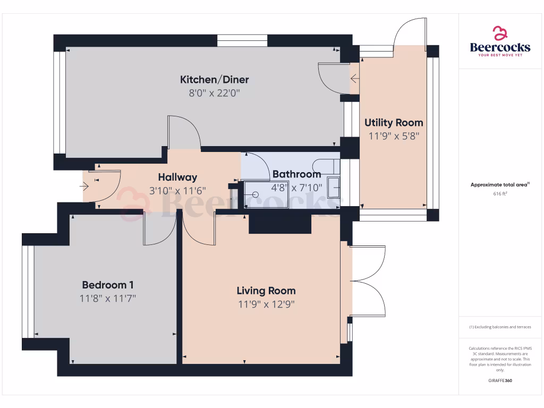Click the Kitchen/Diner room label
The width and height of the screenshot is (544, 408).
click(215, 80)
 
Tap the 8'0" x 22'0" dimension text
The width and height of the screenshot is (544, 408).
click(215, 93)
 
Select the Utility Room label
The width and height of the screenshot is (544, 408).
click(394, 123)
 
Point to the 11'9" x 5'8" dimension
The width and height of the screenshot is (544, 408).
click(394, 135)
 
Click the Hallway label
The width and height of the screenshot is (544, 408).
click(177, 177)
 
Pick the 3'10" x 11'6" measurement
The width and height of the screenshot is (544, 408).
click(177, 191)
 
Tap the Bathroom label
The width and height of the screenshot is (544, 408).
click(296, 174)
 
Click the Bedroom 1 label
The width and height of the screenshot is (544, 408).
click(108, 285)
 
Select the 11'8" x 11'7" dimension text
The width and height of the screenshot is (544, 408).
click(108, 299)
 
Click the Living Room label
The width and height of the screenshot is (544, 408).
click(266, 291)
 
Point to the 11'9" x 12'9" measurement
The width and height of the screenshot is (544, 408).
click(266, 304)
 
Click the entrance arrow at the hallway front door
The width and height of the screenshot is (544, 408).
click(84, 186)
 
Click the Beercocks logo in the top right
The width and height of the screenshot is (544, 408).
click(500, 41)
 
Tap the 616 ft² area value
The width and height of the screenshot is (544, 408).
click(500, 194)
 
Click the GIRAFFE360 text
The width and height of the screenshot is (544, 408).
click(500, 381)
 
